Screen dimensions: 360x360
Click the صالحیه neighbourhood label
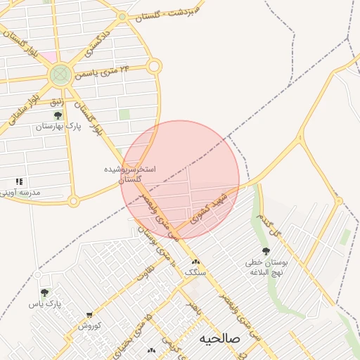pos(219,338)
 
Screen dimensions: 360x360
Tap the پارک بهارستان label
pos(58,127)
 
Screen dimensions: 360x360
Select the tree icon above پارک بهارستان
pos(58,115)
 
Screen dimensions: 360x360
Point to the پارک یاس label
pos(45,304)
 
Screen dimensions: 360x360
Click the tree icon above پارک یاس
pos(45,292)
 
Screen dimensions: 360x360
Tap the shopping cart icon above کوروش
pos(89,315)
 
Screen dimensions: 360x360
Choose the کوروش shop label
pos(89,326)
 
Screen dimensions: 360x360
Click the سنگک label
pos(195,272)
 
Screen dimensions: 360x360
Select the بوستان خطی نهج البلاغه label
pos(265,267)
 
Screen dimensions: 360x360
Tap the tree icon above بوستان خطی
pos(265,252)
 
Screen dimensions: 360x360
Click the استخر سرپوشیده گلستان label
pos(130,174)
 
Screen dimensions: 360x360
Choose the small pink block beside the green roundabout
pos(48,56)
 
